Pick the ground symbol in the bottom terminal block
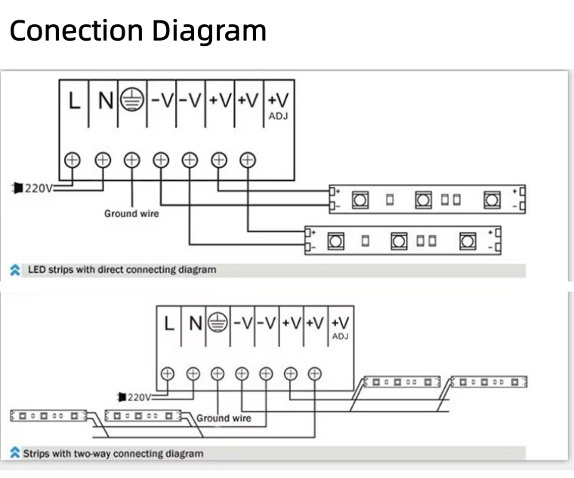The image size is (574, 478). click(x=218, y=323)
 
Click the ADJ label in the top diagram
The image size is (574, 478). click(x=279, y=116)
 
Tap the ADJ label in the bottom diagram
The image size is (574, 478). click(x=340, y=336)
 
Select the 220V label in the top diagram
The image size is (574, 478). click(x=38, y=188)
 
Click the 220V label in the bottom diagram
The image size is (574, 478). click(x=139, y=397)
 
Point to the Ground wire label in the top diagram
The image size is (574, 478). click(x=131, y=213)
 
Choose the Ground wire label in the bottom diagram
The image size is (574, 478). click(x=224, y=418)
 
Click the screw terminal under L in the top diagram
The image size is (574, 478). click(x=73, y=160)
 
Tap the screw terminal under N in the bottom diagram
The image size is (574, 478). click(x=193, y=373)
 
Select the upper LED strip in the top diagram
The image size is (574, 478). click(x=427, y=199)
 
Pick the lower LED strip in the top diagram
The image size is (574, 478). click(x=402, y=241)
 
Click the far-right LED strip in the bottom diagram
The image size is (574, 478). click(x=489, y=382)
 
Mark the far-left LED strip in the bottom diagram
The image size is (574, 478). click(x=48, y=415)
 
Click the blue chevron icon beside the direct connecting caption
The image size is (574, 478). click(x=15, y=269)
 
